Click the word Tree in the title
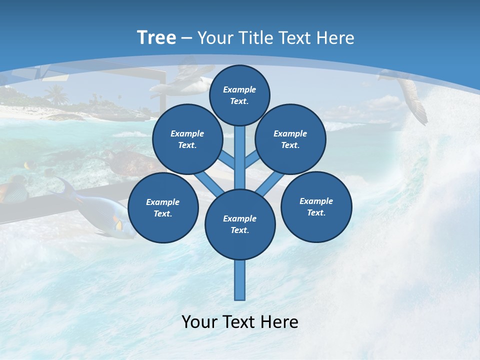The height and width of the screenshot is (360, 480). pos(156,37)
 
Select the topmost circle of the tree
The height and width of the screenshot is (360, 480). pos(239,95)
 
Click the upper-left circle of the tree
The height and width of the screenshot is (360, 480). pos(187,139)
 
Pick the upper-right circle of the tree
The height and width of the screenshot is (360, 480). pos(290,139)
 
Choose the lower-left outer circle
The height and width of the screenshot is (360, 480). pos(162,207)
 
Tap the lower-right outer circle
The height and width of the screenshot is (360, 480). pos(316,206)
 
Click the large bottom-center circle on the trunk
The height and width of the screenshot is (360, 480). pos(239,224)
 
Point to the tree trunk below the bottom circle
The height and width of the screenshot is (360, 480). pos(239,280)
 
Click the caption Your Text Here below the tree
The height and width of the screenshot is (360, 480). pos(239,321)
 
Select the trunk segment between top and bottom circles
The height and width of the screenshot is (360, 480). pos(239,155)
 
